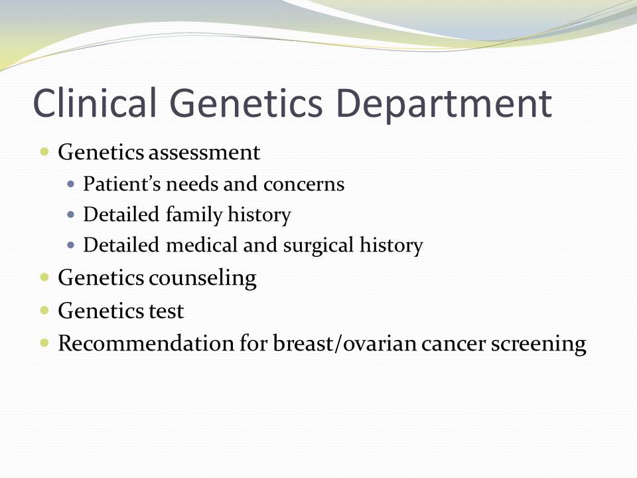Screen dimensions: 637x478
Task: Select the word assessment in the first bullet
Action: [204, 153]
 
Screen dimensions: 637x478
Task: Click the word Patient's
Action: [122, 184]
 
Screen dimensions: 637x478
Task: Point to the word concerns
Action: [304, 185]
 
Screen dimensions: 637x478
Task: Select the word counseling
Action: [202, 279]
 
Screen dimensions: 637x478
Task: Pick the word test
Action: [166, 311]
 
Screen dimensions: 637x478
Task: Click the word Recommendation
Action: [146, 343]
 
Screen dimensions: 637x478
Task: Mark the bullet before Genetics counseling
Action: [44, 278]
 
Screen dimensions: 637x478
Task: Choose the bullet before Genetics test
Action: [44, 311]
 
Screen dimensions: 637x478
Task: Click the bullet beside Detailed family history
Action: [71, 214]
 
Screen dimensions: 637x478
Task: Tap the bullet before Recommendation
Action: [44, 343]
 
